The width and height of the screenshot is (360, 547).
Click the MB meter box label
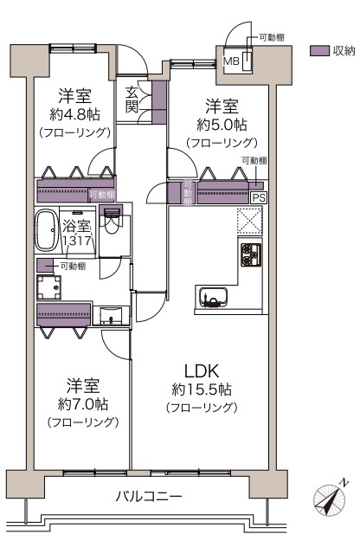pyautogui.click(x=231, y=61)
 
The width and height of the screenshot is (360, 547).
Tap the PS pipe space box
pyautogui.click(x=259, y=198)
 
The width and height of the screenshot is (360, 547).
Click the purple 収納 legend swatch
pyautogui.click(x=319, y=51)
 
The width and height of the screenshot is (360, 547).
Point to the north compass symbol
pyautogui.click(x=331, y=499)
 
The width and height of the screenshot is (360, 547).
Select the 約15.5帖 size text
pyautogui.click(x=202, y=389)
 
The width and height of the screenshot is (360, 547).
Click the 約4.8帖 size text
pyautogui.click(x=74, y=114)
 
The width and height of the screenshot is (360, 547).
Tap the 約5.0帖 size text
pyautogui.click(x=222, y=125)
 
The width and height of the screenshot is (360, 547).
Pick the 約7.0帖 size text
pyautogui.click(x=83, y=404)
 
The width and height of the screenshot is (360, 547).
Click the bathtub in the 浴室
pyautogui.click(x=46, y=229)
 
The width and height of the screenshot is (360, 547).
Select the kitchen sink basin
pyautogui.click(x=213, y=297)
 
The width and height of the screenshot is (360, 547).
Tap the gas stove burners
pyautogui.click(x=251, y=254)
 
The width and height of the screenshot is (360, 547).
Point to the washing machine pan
pyautogui.click(x=48, y=288)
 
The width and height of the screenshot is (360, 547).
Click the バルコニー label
pyautogui.click(x=149, y=496)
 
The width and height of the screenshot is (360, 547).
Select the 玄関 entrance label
pyautogui.click(x=132, y=100)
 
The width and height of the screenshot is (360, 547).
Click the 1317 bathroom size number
pyautogui.click(x=77, y=241)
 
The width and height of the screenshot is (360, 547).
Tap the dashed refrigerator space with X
pyautogui.click(x=250, y=222)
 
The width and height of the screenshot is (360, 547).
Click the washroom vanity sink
pyautogui.click(x=111, y=316)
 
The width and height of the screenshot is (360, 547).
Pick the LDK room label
pyautogui.click(x=202, y=371)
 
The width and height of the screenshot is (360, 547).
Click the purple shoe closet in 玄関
pyautogui.click(x=159, y=102)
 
